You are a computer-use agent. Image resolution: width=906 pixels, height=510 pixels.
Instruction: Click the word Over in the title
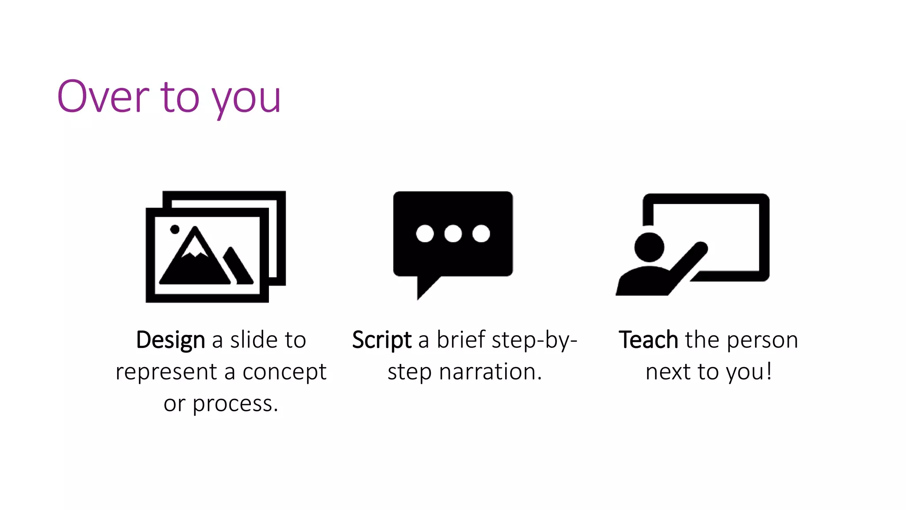pyautogui.click(x=103, y=97)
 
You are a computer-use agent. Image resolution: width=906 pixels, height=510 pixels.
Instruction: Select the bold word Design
pyautogui.click(x=170, y=340)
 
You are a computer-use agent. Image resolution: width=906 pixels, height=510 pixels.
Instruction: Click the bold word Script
pyautogui.click(x=382, y=340)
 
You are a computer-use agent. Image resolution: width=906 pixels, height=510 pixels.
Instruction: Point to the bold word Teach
pyautogui.click(x=648, y=340)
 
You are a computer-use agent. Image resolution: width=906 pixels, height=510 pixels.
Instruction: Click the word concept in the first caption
pyautogui.click(x=284, y=372)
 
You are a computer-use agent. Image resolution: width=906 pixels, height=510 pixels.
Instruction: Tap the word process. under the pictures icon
pyautogui.click(x=235, y=404)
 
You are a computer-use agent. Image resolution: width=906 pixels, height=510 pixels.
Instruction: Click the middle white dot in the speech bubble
pyautogui.click(x=453, y=233)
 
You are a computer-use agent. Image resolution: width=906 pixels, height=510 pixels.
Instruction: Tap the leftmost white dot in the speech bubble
pyautogui.click(x=425, y=233)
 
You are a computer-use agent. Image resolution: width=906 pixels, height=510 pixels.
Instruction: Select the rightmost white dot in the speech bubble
pyautogui.click(x=481, y=233)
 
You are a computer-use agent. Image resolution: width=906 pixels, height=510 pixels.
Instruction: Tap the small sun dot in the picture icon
pyautogui.click(x=175, y=229)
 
